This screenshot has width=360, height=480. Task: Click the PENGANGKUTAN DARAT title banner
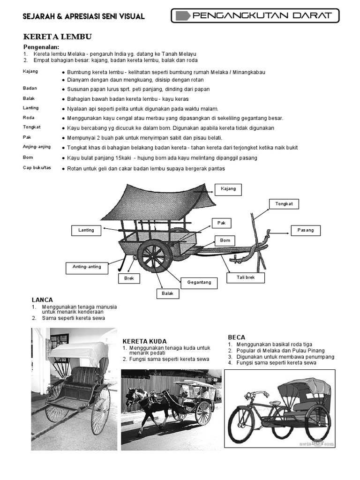pos(255,15)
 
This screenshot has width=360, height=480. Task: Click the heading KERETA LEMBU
pos(58,37)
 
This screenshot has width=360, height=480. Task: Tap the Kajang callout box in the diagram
pos(228,189)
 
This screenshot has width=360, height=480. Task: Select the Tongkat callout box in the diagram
pos(284,204)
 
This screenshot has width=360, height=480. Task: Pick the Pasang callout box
pos(306,230)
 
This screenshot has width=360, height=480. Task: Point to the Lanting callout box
pos(86,230)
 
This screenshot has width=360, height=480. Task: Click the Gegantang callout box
pos(199,282)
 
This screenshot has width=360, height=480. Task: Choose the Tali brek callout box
pos(246,277)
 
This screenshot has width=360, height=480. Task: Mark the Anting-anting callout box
pos(87,267)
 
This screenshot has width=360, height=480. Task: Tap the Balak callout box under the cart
pos(168,293)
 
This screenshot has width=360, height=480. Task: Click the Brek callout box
pos(129,278)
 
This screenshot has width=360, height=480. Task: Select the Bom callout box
pos(225,240)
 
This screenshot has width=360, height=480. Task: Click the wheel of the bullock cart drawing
pos(154,257)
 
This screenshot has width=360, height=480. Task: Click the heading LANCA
pos(42,300)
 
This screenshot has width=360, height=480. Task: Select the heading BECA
pos(237,337)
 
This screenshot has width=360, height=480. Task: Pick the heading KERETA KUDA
pos(144,341)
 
